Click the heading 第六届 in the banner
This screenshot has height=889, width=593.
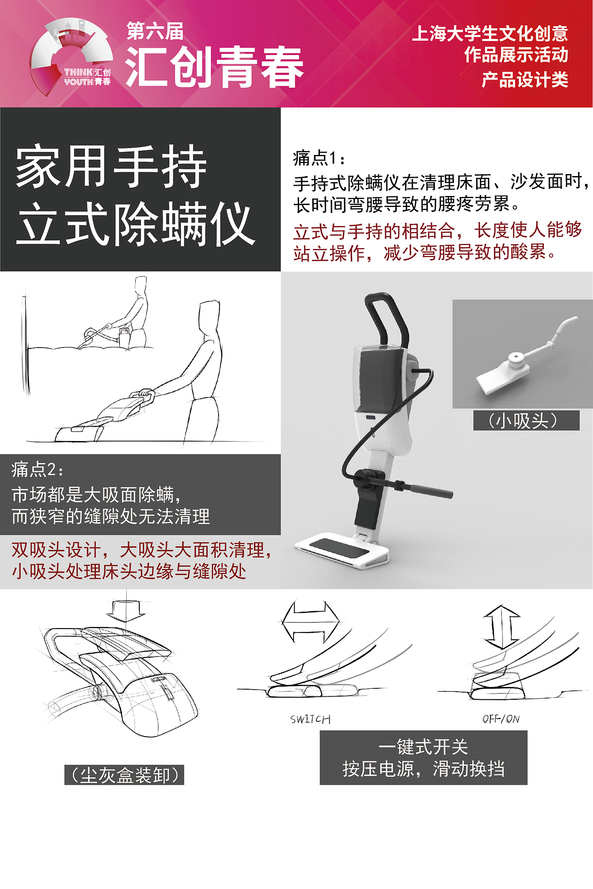(x=155, y=31)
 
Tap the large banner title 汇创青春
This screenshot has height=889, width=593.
(x=214, y=67)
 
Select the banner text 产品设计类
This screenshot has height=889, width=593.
(x=525, y=80)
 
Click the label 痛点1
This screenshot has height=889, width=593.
(x=319, y=158)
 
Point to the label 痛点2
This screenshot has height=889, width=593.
(x=37, y=469)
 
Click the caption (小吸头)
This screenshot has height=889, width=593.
(x=526, y=420)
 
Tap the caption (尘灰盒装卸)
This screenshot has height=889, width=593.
(x=124, y=775)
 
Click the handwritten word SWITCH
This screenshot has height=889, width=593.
(x=310, y=719)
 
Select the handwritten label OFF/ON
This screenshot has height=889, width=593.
(x=501, y=719)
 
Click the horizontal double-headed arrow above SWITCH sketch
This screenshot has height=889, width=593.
(x=310, y=622)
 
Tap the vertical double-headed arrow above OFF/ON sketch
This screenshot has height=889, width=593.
(x=502, y=627)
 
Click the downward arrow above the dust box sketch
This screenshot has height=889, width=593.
(x=126, y=610)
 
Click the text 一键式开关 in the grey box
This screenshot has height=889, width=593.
(x=423, y=747)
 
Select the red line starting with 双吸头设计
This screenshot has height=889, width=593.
(x=141, y=550)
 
